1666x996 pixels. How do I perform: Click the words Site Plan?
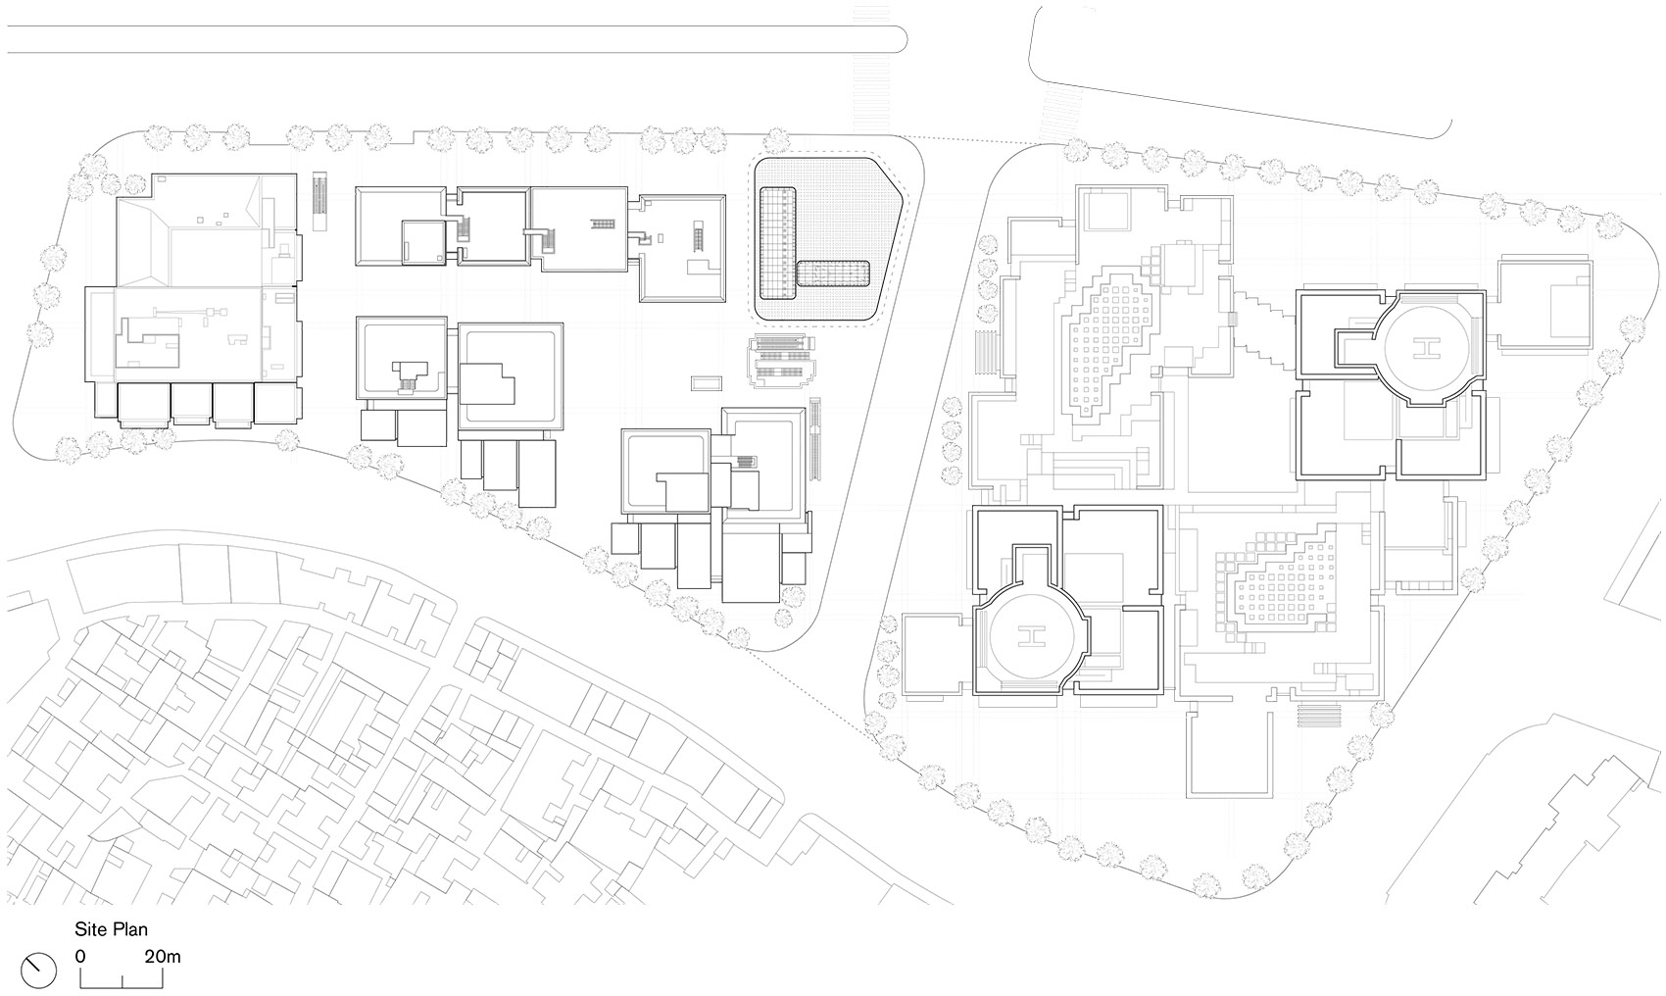coord(111,929)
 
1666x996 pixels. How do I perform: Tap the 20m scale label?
coord(162,957)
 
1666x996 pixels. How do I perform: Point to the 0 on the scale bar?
coord(80,957)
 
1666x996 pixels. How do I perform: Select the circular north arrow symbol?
coord(38,971)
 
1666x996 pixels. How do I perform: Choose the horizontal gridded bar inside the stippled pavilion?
coord(833,273)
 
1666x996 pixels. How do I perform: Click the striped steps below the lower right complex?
coord(1319,716)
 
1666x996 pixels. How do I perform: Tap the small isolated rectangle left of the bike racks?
coord(706,383)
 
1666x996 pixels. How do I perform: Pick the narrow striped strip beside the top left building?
coord(319,202)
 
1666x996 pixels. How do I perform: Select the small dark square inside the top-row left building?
coord(423,242)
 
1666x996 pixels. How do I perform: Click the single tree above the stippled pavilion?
coord(776,140)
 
